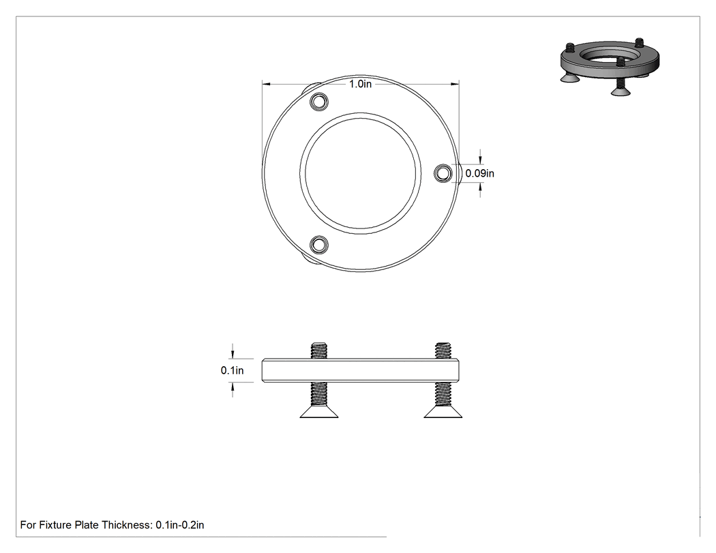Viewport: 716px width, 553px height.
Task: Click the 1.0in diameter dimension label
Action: (x=360, y=84)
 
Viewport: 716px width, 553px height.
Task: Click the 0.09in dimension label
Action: (x=479, y=173)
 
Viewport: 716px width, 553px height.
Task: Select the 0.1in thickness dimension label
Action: (x=232, y=370)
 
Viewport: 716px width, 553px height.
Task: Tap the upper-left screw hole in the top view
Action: (x=318, y=102)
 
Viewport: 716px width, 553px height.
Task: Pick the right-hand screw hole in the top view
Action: (x=443, y=173)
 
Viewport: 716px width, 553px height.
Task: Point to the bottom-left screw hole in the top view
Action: (x=318, y=245)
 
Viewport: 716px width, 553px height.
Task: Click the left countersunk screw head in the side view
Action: (x=318, y=412)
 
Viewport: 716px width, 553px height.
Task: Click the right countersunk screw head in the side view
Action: (x=443, y=412)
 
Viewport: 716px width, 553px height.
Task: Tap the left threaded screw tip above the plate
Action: (x=318, y=350)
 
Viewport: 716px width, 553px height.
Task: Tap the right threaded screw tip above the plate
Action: (x=443, y=350)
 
